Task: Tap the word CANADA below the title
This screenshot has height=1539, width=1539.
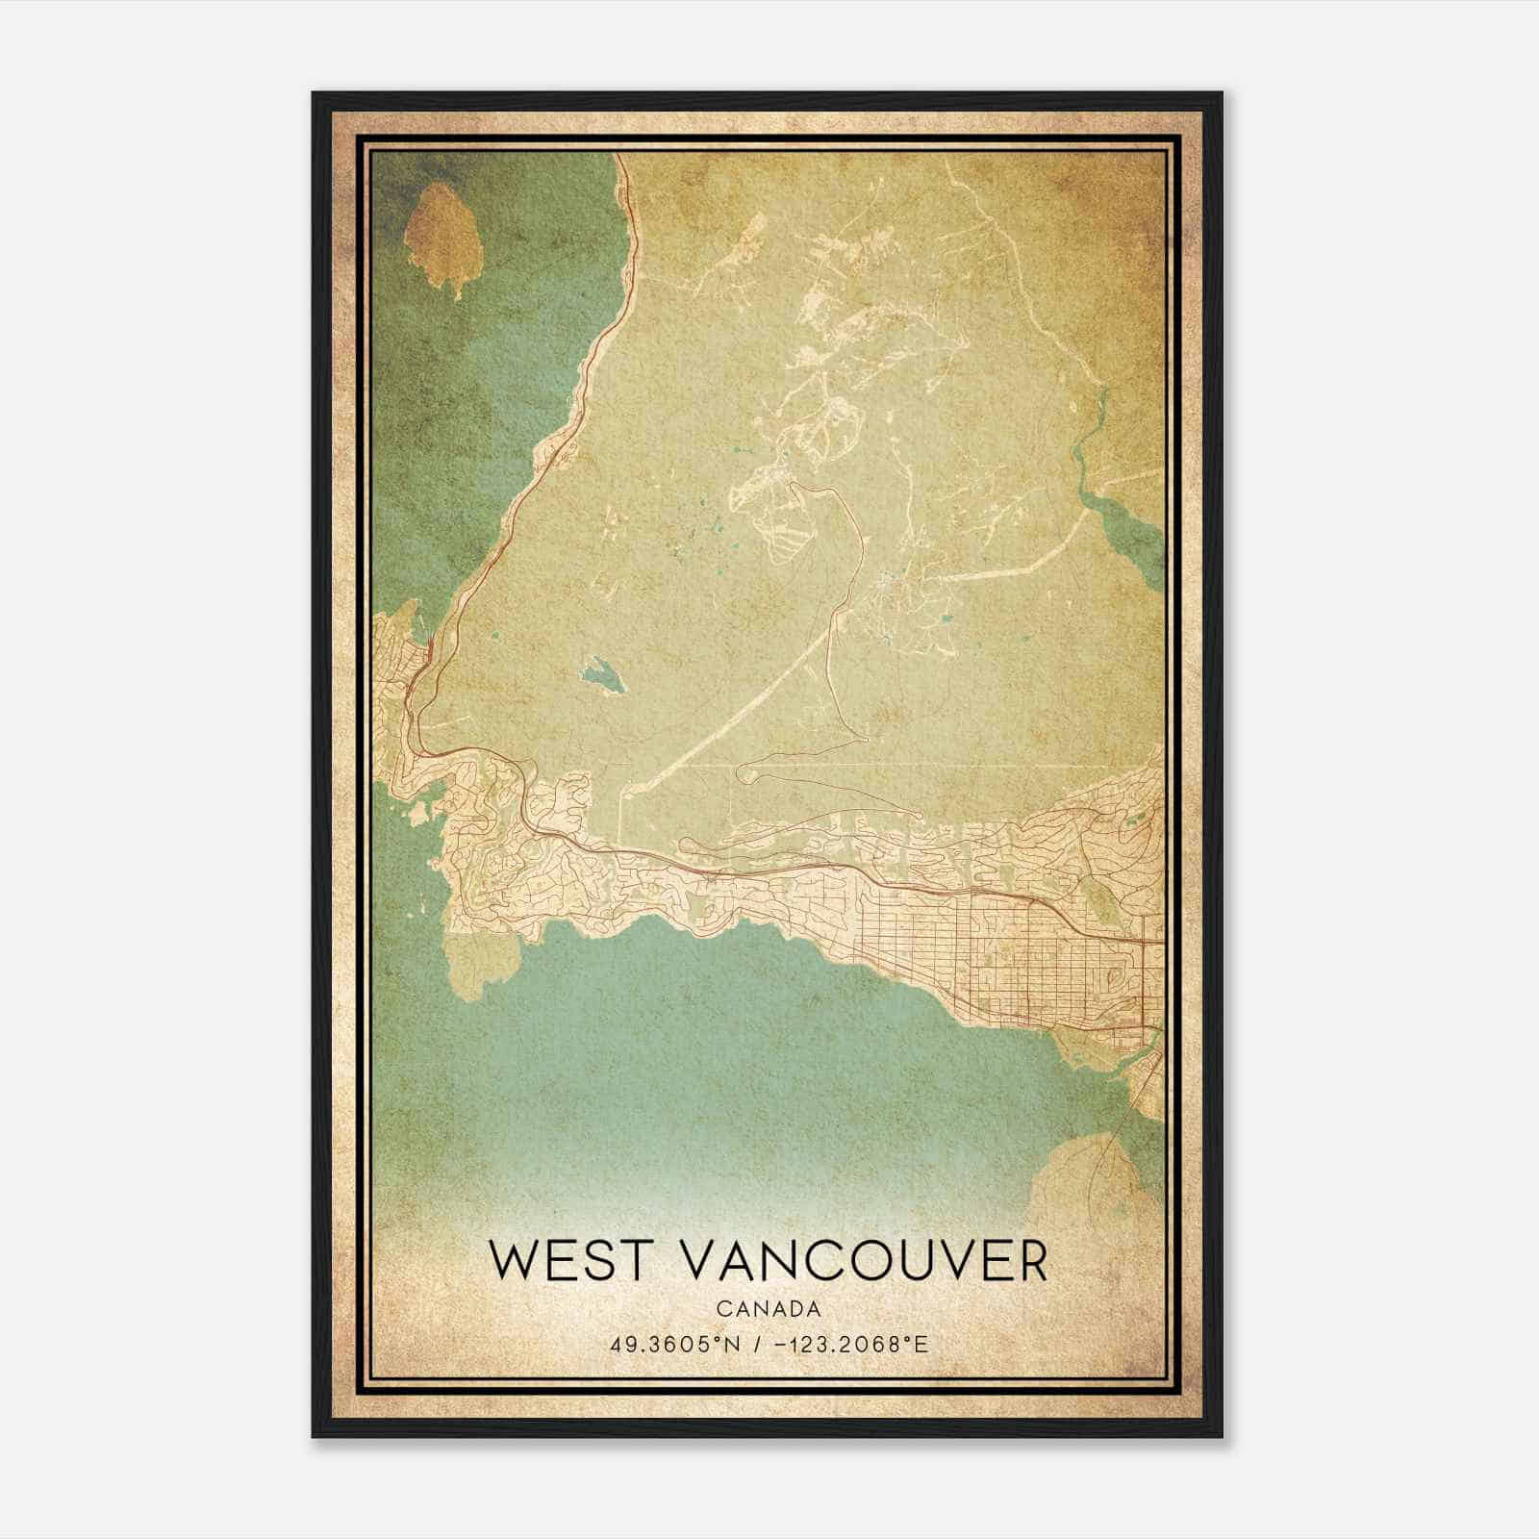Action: click(x=768, y=1309)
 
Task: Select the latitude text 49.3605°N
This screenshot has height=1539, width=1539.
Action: click(x=674, y=1344)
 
